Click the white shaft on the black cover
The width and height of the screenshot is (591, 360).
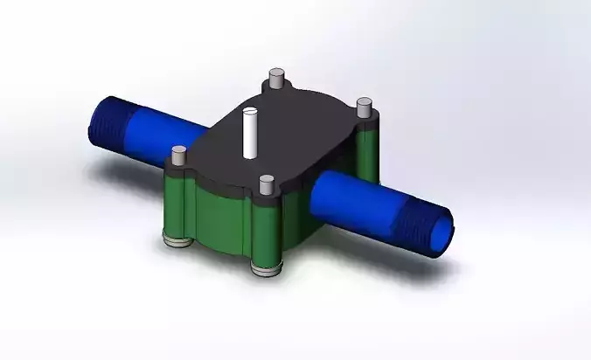[249, 133]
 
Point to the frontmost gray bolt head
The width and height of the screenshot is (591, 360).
[267, 184]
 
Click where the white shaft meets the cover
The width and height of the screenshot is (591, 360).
[249, 156]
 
